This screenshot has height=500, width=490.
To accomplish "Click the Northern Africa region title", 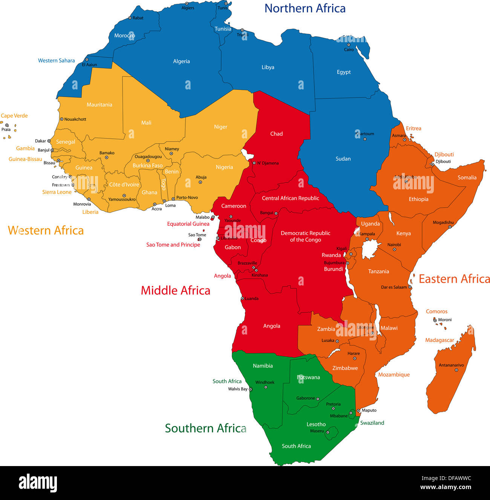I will (x=305, y=8).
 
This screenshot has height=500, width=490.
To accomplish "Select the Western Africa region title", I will (x=46, y=230).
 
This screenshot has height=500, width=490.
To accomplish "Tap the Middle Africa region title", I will (x=175, y=290).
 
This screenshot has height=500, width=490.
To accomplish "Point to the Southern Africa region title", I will (x=205, y=428).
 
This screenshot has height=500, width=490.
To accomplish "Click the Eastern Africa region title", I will (x=454, y=279).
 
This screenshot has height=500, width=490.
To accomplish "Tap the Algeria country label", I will (x=181, y=61).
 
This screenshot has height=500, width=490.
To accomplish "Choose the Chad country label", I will (x=276, y=133).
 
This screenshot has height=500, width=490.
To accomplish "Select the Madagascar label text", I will (x=439, y=340).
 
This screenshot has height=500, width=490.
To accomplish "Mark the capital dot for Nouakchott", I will (x=61, y=119).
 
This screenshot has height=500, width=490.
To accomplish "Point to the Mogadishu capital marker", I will (x=450, y=227).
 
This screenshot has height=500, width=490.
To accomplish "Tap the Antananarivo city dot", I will (x=456, y=370).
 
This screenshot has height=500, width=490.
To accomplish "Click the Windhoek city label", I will (x=265, y=382).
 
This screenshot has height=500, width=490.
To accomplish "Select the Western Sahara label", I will (x=56, y=60).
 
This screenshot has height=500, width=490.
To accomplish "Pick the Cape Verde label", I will (x=14, y=116).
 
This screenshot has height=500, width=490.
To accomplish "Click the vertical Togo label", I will (x=163, y=184).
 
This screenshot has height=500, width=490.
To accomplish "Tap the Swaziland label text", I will (x=372, y=423).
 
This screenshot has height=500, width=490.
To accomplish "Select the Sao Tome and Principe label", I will (x=173, y=245).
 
